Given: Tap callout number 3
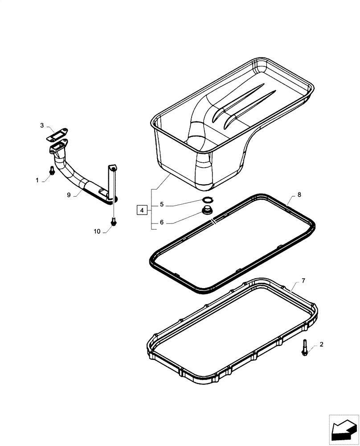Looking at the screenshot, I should [42, 126].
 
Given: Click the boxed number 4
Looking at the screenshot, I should [141, 210].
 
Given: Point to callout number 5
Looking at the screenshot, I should [162, 205].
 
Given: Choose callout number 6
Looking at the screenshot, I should [162, 222].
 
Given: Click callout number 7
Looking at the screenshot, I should [303, 281].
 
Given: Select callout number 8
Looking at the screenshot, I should [299, 194].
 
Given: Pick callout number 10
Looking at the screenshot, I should [98, 231].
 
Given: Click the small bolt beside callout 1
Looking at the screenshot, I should [52, 170].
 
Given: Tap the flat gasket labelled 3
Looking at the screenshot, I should [57, 132].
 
